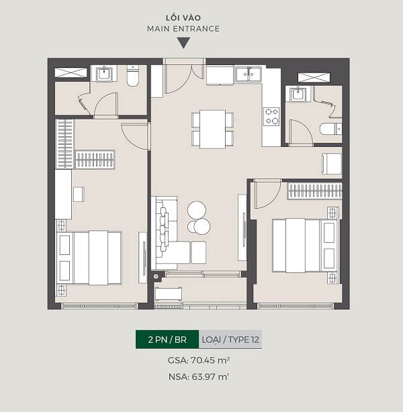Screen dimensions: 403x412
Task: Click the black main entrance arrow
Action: click(x=183, y=43)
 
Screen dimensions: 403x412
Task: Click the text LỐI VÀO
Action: click(x=183, y=18)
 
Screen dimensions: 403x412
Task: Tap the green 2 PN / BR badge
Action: click(x=167, y=340)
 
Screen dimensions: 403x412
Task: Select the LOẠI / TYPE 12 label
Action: click(x=230, y=340)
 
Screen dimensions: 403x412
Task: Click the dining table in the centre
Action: click(x=212, y=130)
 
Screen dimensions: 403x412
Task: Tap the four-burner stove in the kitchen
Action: click(x=271, y=116)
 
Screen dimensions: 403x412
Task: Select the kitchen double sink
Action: click(x=249, y=74)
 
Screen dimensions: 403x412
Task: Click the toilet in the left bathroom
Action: click(x=133, y=76)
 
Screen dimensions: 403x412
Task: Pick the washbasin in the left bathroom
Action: click(x=104, y=74)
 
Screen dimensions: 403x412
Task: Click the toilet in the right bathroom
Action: click(x=330, y=129)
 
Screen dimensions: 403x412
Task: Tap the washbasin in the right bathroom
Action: click(x=298, y=95)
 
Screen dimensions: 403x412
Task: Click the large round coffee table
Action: click(x=197, y=210)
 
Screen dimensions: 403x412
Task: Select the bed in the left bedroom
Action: click(x=89, y=258)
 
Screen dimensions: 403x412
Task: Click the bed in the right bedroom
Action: click(x=305, y=246)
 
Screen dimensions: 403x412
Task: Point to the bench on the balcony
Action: click(x=169, y=294)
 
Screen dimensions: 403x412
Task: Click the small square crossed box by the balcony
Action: click(x=156, y=276)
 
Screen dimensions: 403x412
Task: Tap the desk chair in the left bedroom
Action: click(x=79, y=194)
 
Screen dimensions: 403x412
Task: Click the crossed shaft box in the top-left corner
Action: click(x=71, y=72)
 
